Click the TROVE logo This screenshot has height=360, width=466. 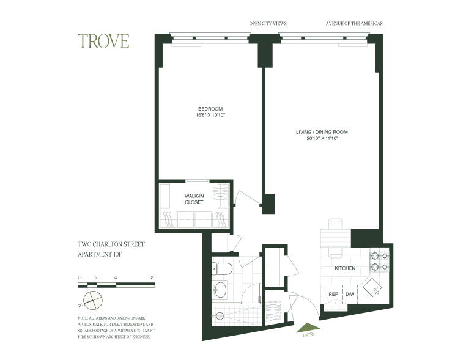[103, 41]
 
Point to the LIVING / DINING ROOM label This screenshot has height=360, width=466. [322, 132]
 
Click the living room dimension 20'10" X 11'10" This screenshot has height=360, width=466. [322, 139]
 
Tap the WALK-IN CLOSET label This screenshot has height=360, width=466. [194, 199]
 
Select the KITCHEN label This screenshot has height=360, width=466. [345, 268]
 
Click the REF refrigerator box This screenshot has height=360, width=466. [333, 294]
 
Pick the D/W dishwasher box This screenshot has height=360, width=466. [350, 294]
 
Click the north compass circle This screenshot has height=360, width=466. [91, 301]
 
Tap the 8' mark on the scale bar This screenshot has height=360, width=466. [152, 278]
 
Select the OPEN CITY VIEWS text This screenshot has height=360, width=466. [268, 24]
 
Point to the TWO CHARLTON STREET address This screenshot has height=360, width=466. [111, 244]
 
